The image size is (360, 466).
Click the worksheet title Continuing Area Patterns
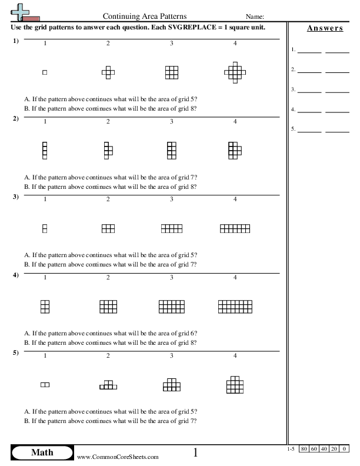141,17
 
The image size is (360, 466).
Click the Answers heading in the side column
325,29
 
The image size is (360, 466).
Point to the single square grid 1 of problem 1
45,72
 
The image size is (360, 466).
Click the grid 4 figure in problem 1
235,72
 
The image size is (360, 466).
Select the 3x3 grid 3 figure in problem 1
171,72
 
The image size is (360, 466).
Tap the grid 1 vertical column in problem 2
45,150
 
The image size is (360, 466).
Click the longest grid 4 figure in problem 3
235,228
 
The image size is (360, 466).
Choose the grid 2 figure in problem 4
108,307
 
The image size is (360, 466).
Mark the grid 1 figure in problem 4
45,307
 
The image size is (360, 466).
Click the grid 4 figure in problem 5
235,384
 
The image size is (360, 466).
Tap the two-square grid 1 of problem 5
45,384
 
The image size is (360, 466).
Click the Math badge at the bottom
42,452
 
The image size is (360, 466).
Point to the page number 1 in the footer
195,452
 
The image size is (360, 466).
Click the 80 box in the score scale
304,450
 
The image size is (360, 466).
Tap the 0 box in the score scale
345,450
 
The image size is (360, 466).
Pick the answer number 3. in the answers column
294,90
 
